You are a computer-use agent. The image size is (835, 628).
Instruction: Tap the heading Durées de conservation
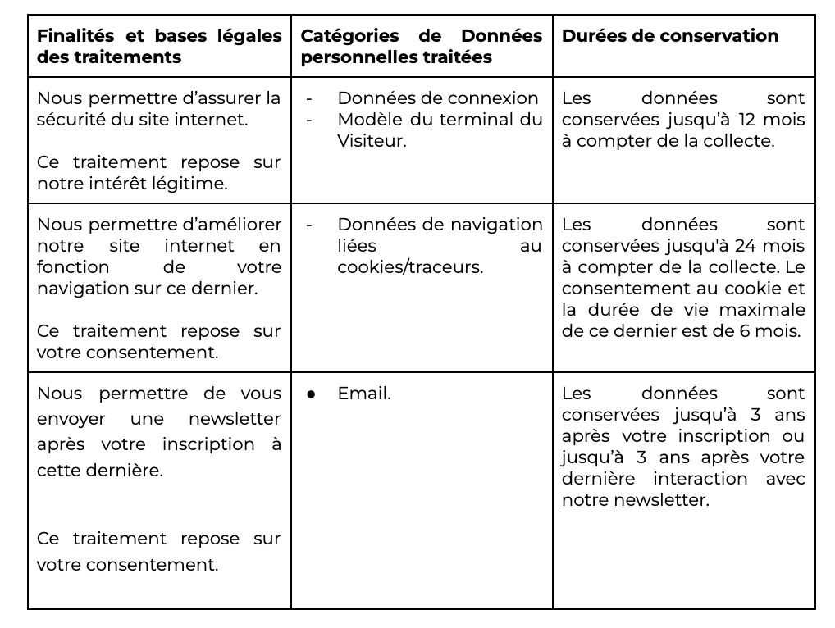click(669, 36)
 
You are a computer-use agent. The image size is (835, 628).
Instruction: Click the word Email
click(363, 394)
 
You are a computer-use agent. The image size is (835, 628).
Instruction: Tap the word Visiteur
click(371, 141)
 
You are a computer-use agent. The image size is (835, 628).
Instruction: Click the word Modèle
click(367, 120)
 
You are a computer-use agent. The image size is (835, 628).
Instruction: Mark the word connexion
click(498, 98)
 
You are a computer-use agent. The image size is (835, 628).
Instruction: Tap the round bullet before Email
click(311, 394)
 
